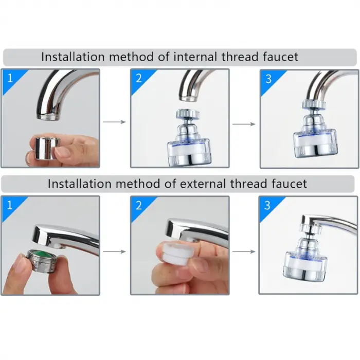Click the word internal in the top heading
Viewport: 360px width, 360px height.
click(195, 57)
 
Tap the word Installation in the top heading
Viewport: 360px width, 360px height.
click(73, 57)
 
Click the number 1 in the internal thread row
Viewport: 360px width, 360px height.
click(10, 78)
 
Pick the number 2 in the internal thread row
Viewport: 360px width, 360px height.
click(139, 78)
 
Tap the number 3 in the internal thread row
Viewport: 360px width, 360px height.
click(268, 79)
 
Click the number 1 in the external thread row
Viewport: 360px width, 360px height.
click(10, 205)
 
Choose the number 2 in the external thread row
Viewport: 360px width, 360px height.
click(139, 205)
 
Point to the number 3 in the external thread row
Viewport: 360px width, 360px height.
click(267, 205)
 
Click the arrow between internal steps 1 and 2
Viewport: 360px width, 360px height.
click(114, 122)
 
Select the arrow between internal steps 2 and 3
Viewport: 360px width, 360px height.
click(244, 124)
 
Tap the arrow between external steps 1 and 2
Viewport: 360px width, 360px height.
click(114, 251)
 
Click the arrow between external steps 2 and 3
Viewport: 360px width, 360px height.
click(244, 251)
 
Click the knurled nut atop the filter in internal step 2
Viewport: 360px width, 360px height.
click(188, 114)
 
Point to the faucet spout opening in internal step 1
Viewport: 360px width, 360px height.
click(48, 117)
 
